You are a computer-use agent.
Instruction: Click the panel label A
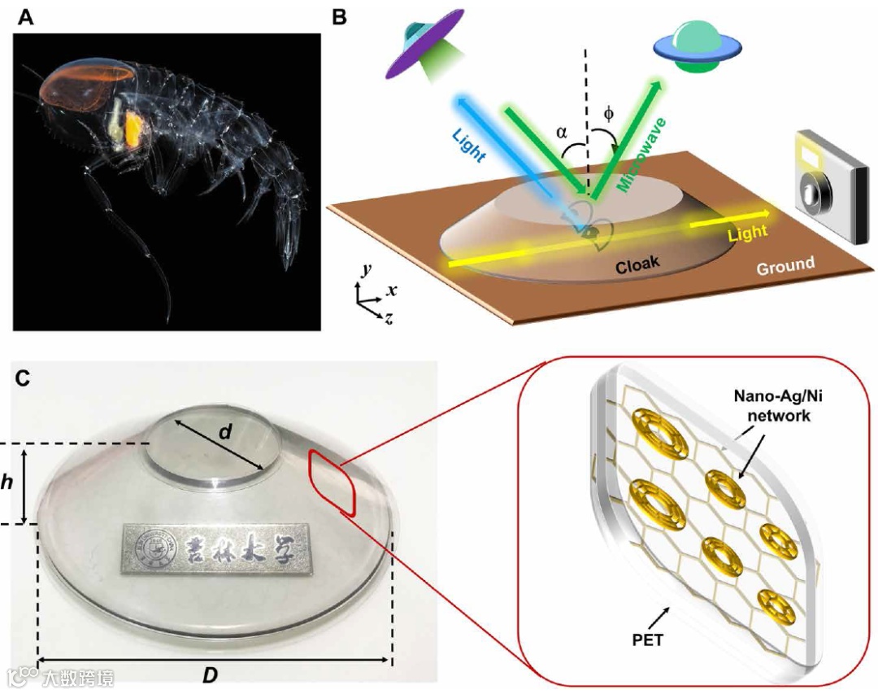tap(26, 18)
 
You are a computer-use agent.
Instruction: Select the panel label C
tap(25, 378)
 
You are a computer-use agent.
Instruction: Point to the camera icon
tap(823, 183)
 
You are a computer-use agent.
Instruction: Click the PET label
tap(647, 639)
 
